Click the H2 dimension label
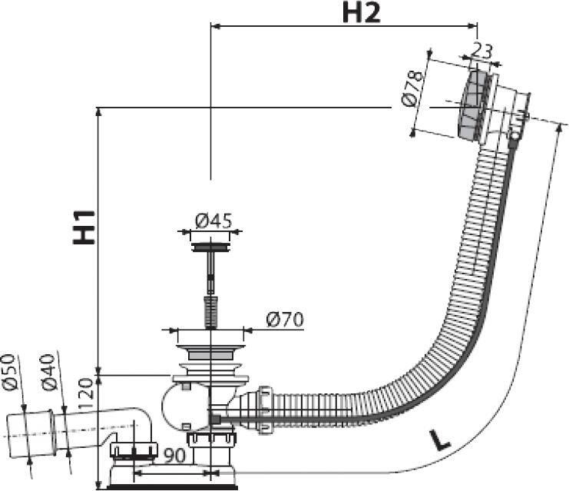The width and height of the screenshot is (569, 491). pyautogui.click(x=361, y=13)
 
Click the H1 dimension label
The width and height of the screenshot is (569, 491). pyautogui.click(x=84, y=227)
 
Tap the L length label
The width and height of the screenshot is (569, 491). pyautogui.click(x=439, y=439)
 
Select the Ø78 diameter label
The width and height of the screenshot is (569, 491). pyautogui.click(x=412, y=89)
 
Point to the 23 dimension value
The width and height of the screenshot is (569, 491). pyautogui.click(x=481, y=51)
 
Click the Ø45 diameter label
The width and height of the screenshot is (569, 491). pyautogui.click(x=213, y=221)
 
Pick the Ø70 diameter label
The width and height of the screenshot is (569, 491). pyautogui.click(x=284, y=320)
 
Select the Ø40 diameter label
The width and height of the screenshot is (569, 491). pyautogui.click(x=48, y=372)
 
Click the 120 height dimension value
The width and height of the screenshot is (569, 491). pyautogui.click(x=87, y=393)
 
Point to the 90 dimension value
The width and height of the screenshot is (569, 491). pyautogui.click(x=174, y=456)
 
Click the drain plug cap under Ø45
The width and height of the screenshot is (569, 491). pyautogui.click(x=210, y=247)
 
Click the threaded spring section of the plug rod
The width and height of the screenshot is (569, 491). pyautogui.click(x=211, y=312)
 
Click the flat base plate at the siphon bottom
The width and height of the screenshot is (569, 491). pyautogui.click(x=172, y=487)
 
